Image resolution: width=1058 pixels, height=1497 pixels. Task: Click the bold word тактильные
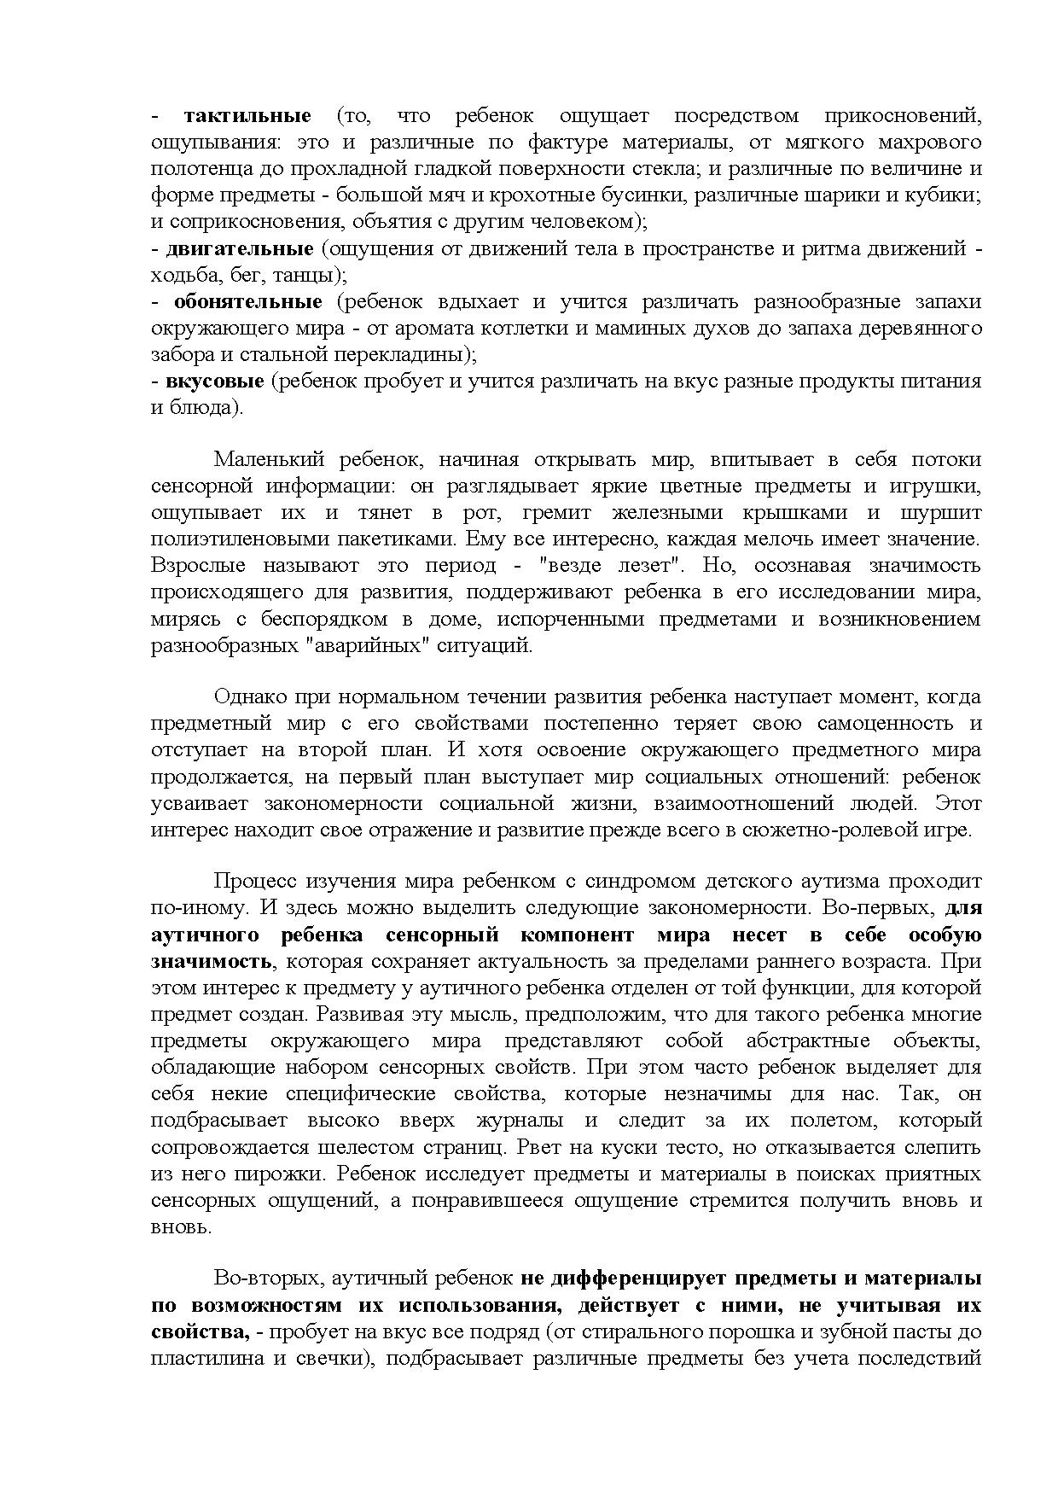(x=247, y=115)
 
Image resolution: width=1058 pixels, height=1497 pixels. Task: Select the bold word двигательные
(x=240, y=249)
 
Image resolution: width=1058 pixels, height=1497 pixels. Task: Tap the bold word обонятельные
(x=247, y=302)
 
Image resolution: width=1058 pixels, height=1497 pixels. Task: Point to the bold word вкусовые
(x=214, y=382)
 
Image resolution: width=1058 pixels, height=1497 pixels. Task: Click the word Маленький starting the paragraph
(x=269, y=460)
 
